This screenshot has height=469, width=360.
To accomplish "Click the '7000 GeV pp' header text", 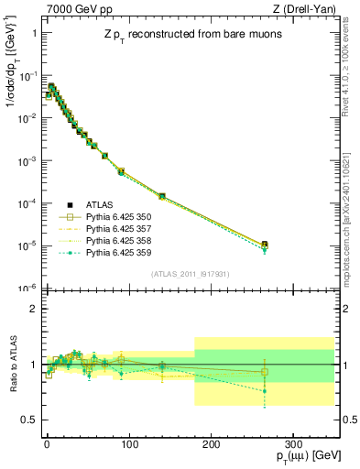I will click(69, 10).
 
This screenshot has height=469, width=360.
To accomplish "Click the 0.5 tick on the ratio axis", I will click(28, 420).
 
